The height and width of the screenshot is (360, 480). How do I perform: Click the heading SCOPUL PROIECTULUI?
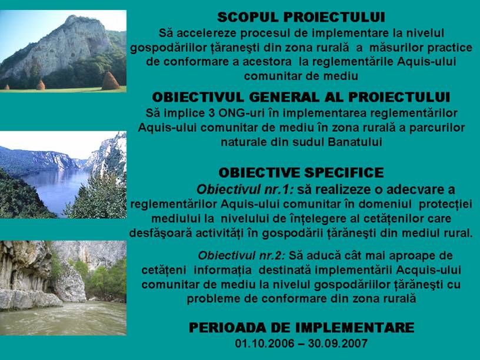pos(301,18)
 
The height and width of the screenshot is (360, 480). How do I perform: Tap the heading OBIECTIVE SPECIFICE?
pos(301,173)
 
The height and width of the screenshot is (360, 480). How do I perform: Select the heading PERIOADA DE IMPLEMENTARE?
pos(302,328)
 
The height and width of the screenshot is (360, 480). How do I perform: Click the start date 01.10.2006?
pos(265,344)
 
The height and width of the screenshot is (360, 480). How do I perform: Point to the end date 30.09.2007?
pos(338,344)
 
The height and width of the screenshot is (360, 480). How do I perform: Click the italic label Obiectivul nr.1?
pos(245,190)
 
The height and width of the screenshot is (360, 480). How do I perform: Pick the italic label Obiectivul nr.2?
pos(242,256)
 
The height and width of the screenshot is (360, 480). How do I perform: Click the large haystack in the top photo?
pos(110,81)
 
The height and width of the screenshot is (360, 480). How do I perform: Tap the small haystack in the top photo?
pos(41,85)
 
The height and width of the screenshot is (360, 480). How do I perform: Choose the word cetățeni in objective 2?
pos(164,271)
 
